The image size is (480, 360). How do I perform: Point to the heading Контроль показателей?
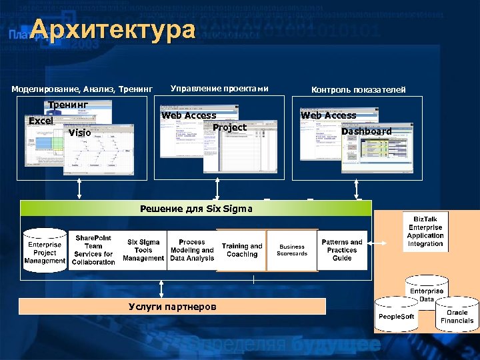358,90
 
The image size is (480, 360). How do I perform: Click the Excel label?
41,121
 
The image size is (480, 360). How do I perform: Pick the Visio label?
79,133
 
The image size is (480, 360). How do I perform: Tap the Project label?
229,127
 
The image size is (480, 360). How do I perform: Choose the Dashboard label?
366,131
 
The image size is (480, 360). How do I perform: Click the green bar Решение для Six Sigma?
196,209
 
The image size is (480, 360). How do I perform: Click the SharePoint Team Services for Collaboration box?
94,250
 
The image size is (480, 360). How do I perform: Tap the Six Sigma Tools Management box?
143,250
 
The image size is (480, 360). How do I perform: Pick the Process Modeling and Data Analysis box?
192,250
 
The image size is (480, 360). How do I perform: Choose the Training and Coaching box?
242,250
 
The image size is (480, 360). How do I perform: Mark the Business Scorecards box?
292,250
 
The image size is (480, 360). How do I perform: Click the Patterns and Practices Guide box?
342,250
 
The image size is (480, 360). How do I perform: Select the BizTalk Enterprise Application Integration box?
425,231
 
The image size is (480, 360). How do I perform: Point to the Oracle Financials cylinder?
457,316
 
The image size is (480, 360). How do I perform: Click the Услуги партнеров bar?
172,307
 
